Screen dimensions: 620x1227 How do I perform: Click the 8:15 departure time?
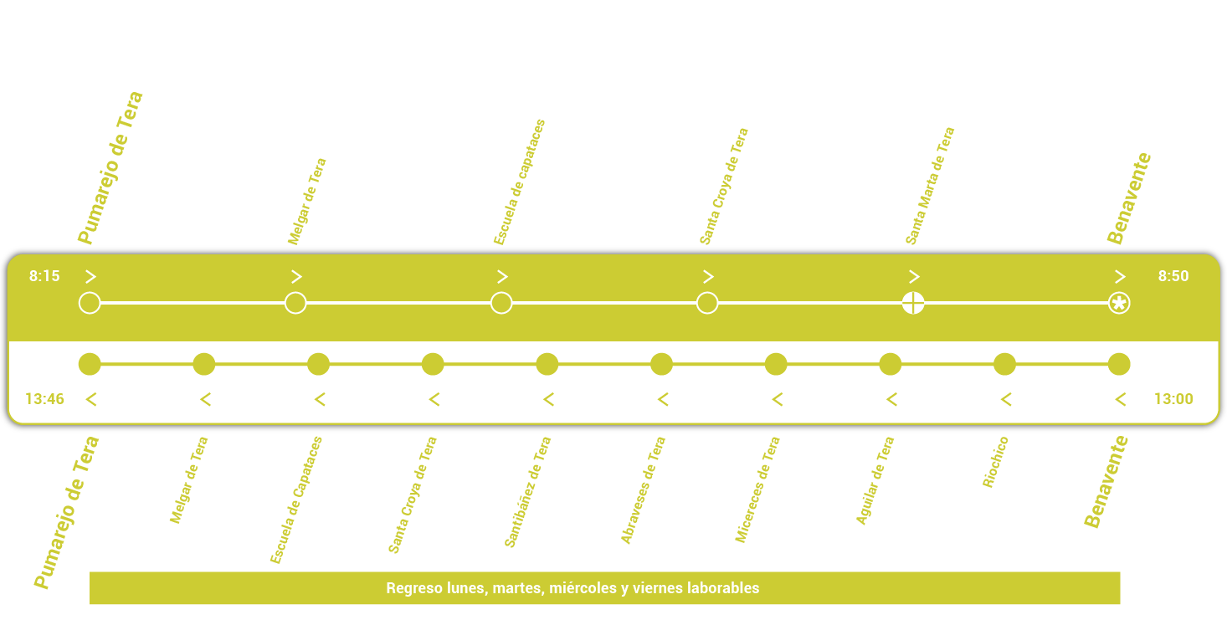pyautogui.click(x=44, y=276)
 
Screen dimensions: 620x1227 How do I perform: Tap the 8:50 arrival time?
pyautogui.click(x=1173, y=276)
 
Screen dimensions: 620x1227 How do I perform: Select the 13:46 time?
pyautogui.click(x=44, y=399)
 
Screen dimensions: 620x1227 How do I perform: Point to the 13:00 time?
pyautogui.click(x=1173, y=399)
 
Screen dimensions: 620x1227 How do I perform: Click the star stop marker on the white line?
pyautogui.click(x=1119, y=303)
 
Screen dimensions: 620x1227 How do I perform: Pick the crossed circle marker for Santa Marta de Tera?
pyautogui.click(x=913, y=303)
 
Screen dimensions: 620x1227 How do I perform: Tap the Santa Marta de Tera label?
pyautogui.click(x=929, y=187)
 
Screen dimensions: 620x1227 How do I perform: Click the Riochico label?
pyautogui.click(x=995, y=462)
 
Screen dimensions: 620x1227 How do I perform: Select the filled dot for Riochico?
pyautogui.click(x=1004, y=364)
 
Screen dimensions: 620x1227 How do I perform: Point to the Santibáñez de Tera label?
pyautogui.click(x=527, y=492)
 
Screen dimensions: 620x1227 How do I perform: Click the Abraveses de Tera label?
pyautogui.click(x=643, y=490)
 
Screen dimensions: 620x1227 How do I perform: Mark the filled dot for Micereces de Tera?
pyautogui.click(x=776, y=364)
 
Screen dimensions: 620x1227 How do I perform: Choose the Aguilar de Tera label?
pyautogui.click(x=875, y=481)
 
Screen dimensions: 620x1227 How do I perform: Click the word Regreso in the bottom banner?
pyautogui.click(x=412, y=588)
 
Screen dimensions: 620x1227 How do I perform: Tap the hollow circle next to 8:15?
pyautogui.click(x=90, y=303)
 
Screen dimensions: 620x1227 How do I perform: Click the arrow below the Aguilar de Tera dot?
pyautogui.click(x=891, y=400)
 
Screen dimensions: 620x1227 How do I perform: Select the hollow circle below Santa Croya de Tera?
pyautogui.click(x=707, y=303)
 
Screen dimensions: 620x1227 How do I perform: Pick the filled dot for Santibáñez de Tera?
pyautogui.click(x=547, y=364)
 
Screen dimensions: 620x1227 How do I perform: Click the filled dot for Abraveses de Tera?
pyautogui.click(x=661, y=364)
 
